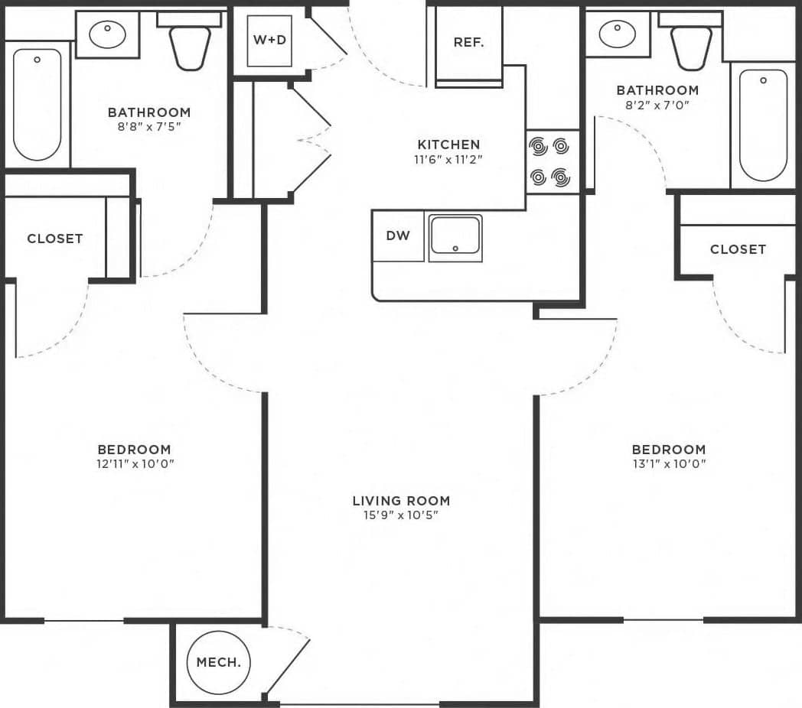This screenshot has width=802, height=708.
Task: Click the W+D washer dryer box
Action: (x=269, y=40)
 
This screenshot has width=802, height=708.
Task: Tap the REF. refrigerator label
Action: (x=468, y=43)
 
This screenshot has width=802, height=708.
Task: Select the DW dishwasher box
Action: (x=398, y=236)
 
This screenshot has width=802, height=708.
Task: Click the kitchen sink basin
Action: (x=455, y=236)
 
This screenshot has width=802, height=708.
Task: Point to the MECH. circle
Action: (x=218, y=662)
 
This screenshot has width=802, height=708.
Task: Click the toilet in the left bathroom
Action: (x=189, y=43)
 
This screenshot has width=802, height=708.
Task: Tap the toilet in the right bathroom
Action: (x=691, y=43)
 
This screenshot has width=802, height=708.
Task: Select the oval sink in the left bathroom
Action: (x=107, y=34)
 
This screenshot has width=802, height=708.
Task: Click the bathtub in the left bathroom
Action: (x=37, y=104)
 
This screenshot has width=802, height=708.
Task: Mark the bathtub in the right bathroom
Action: (x=763, y=125)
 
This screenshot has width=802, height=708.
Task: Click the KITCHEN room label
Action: (x=448, y=145)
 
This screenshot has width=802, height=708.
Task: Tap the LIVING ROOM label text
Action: (x=401, y=502)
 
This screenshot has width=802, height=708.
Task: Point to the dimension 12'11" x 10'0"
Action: (x=134, y=464)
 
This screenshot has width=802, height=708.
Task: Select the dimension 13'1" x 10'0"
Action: (x=669, y=464)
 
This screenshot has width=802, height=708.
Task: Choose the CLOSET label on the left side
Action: (x=54, y=239)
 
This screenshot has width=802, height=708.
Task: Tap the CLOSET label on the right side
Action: (x=738, y=249)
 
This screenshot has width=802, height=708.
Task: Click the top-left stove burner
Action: (x=539, y=145)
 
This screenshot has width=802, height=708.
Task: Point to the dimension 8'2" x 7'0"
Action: (x=657, y=106)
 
